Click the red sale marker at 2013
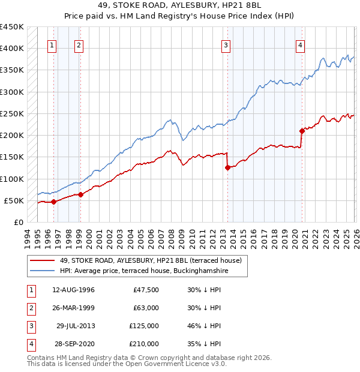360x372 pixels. pyautogui.click(x=227, y=168)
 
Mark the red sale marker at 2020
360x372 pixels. pyautogui.click(x=302, y=131)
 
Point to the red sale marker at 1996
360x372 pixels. pyautogui.click(x=53, y=202)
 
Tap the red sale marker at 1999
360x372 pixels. pyautogui.click(x=80, y=194)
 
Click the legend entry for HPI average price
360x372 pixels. pyautogui.click(x=144, y=271)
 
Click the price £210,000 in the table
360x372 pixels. pyautogui.click(x=144, y=344)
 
